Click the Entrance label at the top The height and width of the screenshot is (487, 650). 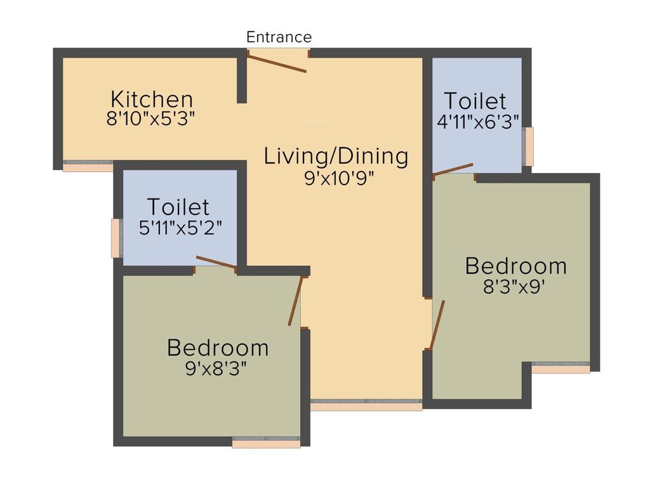pos(279,37)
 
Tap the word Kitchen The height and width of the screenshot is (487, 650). pos(152,100)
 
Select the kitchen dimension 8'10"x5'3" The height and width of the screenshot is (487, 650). pos(150,119)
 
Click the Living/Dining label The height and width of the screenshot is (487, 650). pos(336,156)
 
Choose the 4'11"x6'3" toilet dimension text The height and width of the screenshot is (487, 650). pos(478,121)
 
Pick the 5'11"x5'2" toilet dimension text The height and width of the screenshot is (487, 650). pos(180,227)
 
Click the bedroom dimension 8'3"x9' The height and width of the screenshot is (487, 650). pos(515,285)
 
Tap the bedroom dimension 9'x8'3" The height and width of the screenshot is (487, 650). pos(216,368)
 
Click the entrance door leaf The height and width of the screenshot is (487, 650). pos(277,63)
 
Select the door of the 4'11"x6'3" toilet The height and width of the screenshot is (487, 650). pos(453,168)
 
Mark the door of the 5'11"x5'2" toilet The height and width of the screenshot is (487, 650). pos(216,263)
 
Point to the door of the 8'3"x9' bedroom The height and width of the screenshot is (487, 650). pos(437,325)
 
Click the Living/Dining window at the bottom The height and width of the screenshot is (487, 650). pos(366,405)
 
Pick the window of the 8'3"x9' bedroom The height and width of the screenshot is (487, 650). pos(560,367)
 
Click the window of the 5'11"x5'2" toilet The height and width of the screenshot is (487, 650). pos(116,238)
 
